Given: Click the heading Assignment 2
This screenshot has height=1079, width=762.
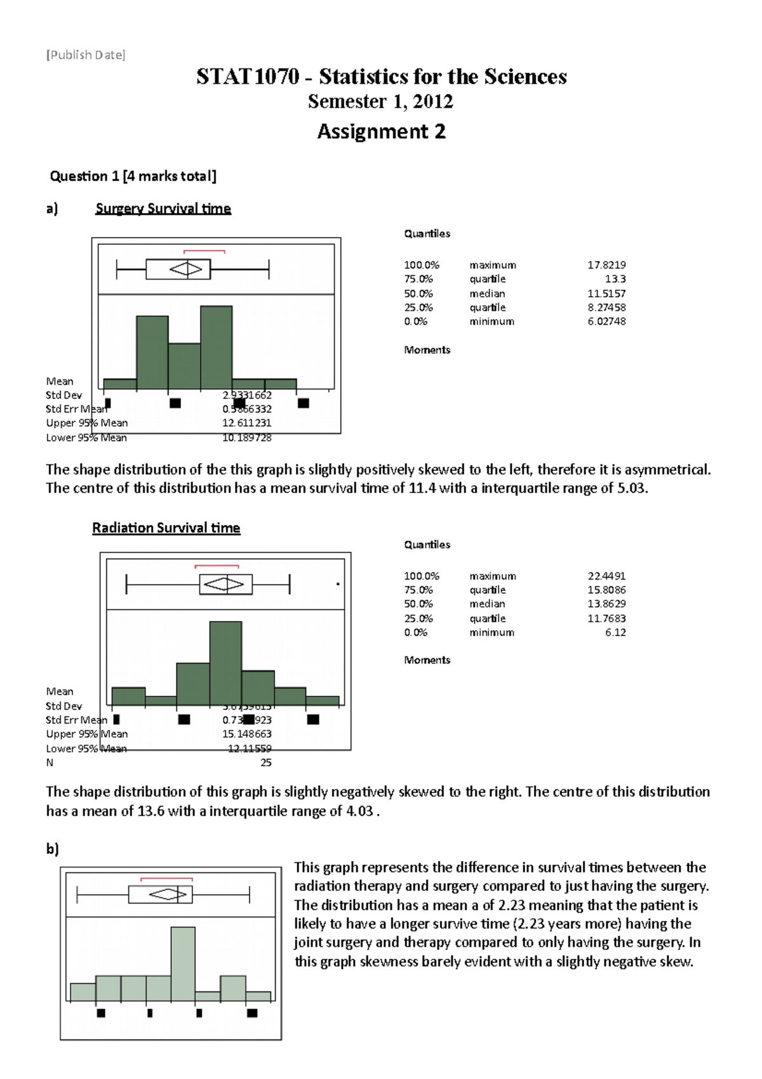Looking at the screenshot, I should coord(381,132).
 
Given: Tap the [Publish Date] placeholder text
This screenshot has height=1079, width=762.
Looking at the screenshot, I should coord(86,55).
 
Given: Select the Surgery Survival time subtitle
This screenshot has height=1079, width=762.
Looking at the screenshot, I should coord(163,208).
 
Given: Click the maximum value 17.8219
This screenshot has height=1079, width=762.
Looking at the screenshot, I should coord(606,265).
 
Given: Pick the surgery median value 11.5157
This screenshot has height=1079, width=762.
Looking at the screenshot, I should coord(606,294).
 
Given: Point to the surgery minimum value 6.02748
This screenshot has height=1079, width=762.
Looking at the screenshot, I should coord(606,322).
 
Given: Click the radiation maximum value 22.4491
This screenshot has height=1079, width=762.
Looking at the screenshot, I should coord(606,576).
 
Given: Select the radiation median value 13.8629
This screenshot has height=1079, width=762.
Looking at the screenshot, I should coord(606,604).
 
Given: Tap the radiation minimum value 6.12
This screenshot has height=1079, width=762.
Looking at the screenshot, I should coord(615,632).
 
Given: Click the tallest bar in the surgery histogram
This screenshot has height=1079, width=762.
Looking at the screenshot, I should coord(216,346).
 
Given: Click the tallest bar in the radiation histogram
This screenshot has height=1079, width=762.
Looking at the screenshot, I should coord(225,663).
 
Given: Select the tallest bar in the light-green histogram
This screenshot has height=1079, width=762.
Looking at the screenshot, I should coord(183,963).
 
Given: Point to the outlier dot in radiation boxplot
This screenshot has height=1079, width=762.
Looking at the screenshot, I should coord(338,583).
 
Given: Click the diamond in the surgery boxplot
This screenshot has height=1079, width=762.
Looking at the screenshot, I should coord(186,269).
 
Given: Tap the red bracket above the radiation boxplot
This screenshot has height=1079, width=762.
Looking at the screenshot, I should coord(217,566).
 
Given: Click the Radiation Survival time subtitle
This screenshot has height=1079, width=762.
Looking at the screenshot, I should coord(166,527).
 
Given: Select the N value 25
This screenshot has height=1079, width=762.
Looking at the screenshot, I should coord(266,763).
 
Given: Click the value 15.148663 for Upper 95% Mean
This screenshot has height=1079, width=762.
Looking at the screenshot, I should coord(247,734).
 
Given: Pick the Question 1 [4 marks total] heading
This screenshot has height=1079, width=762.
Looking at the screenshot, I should coord(133,176).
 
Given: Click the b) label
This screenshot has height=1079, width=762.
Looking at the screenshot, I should coord(52,848).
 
